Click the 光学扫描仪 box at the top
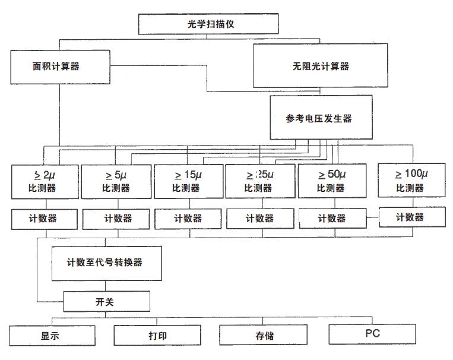coord(208,24)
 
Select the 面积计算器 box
coord(60,67)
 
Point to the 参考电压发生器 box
coord(321,118)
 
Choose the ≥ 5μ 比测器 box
coord(116,181)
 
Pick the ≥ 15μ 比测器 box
coord(188,181)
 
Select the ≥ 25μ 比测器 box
coord(260,181)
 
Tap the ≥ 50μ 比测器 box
coord(331,181)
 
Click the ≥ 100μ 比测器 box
coord(411,180)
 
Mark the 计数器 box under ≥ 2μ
coord(45,219)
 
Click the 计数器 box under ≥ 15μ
coord(188,219)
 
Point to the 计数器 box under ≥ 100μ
coord(411,217)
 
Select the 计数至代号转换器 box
coord(106,263)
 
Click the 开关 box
coord(106,301)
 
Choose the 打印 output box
coord(157,336)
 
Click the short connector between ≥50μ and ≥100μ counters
coord(372,218)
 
